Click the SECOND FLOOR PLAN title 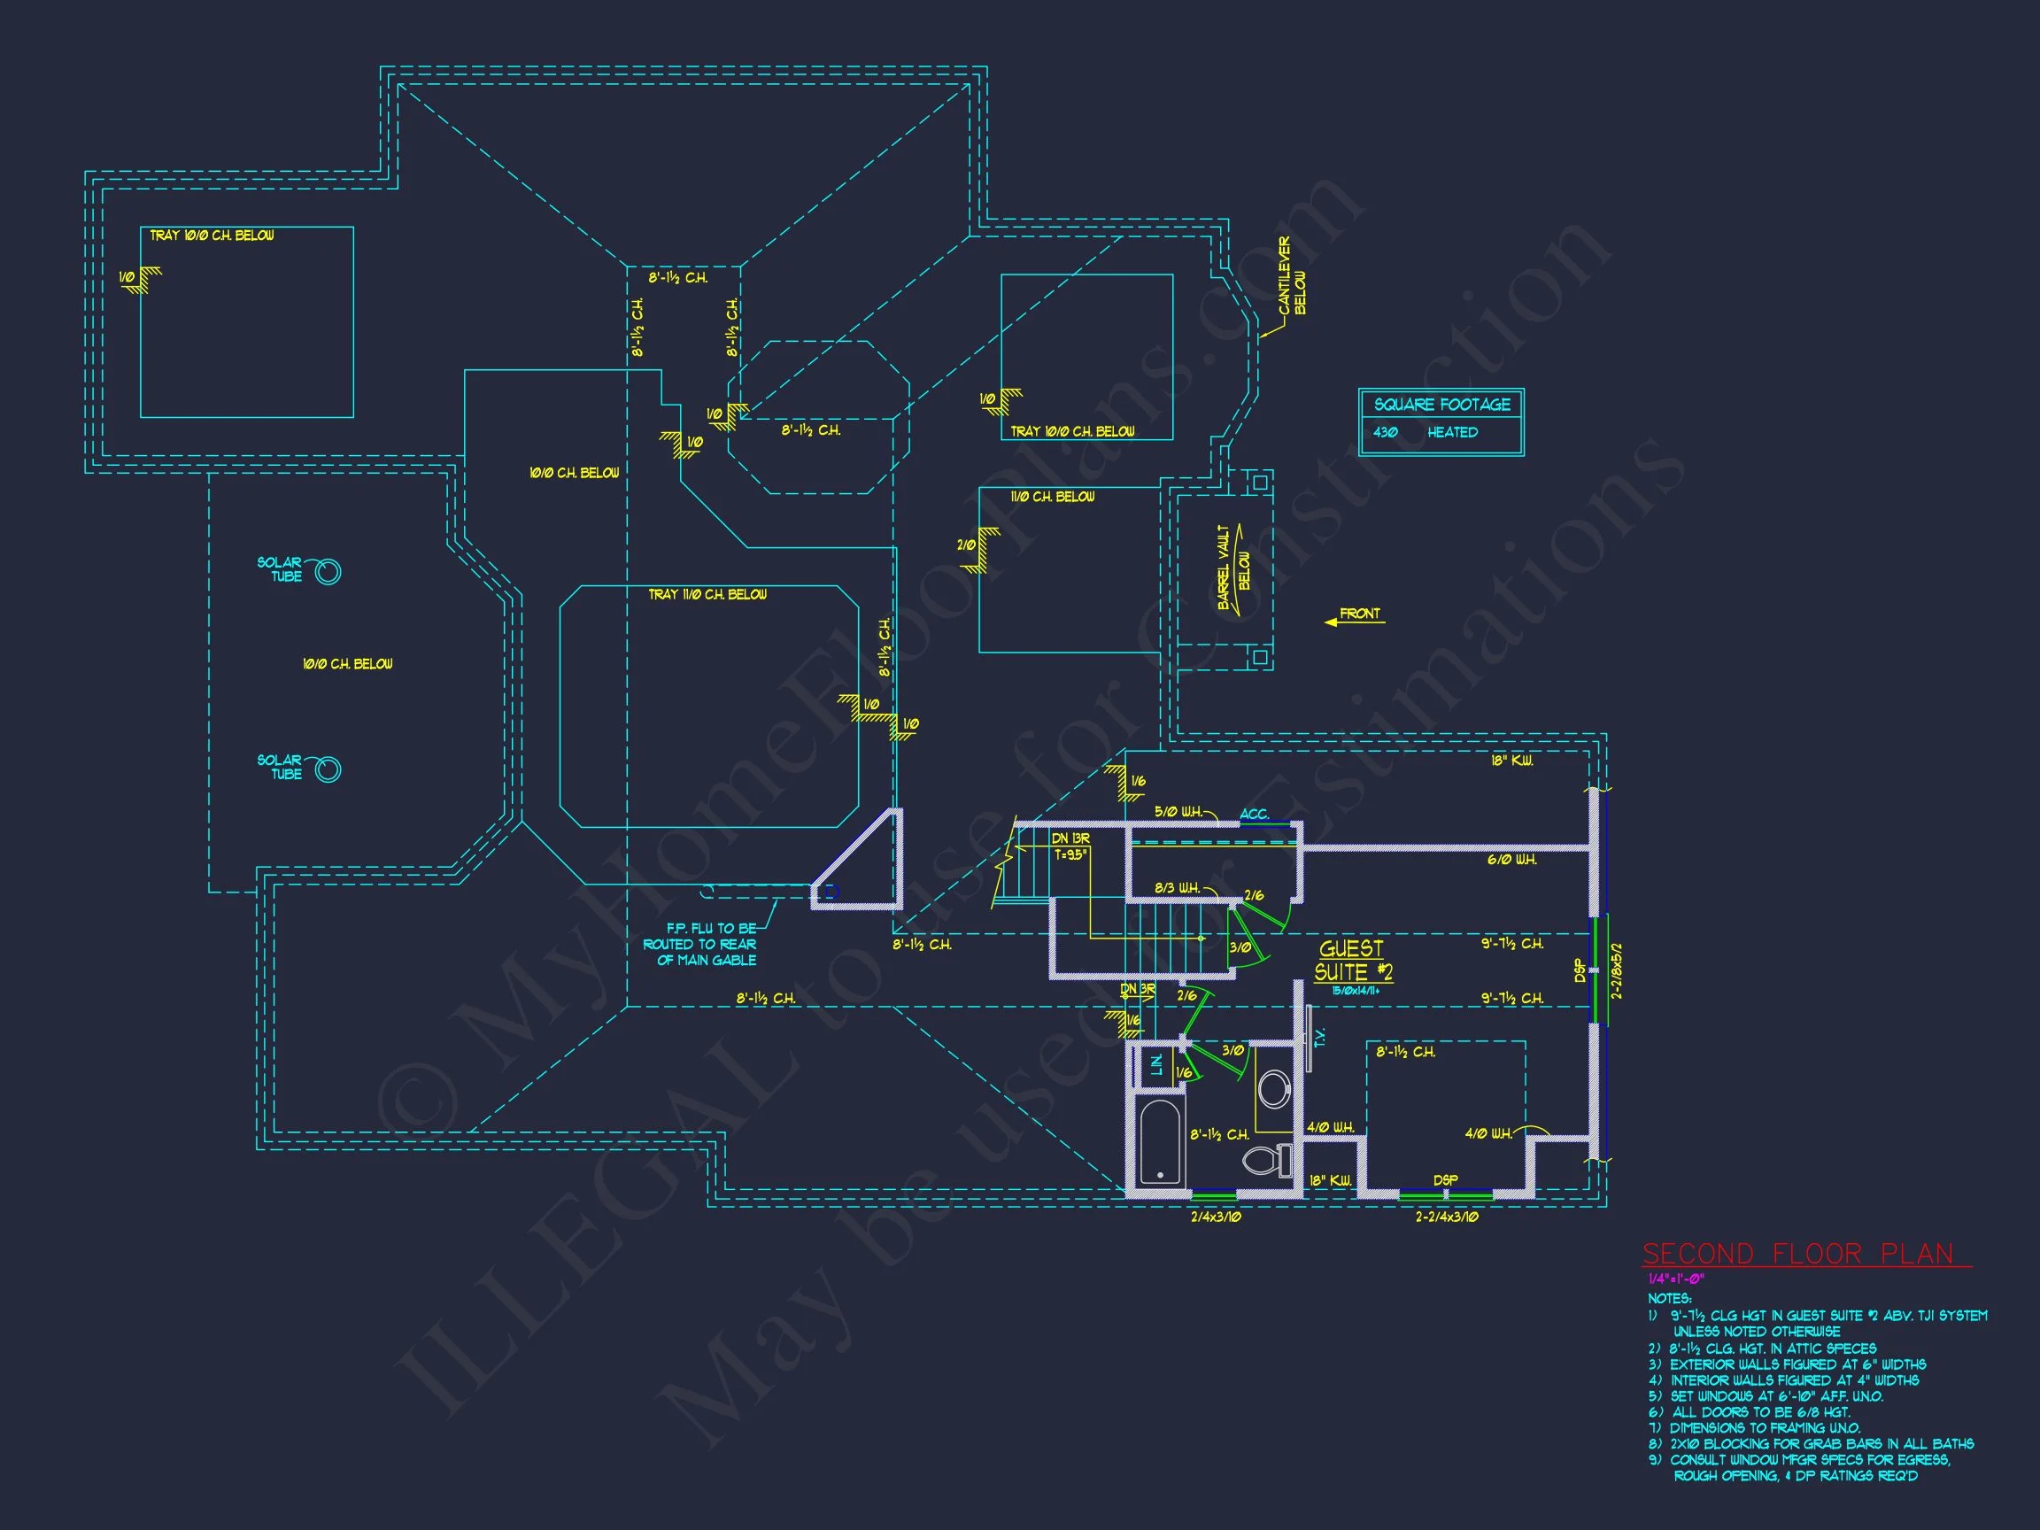pyautogui.click(x=1804, y=1255)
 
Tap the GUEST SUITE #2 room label pyautogui.click(x=1353, y=961)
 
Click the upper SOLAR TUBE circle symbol pyautogui.click(x=328, y=573)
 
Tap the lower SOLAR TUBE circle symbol pyautogui.click(x=328, y=769)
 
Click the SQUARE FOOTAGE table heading pyautogui.click(x=1441, y=405)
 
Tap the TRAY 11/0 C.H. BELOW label pyautogui.click(x=707, y=595)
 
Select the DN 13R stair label pyautogui.click(x=1070, y=838)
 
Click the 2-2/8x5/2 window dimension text pyautogui.click(x=1617, y=970)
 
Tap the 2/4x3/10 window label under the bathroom pyautogui.click(x=1216, y=1217)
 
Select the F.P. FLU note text pyautogui.click(x=701, y=945)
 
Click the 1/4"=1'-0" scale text pyautogui.click(x=1676, y=1279)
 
